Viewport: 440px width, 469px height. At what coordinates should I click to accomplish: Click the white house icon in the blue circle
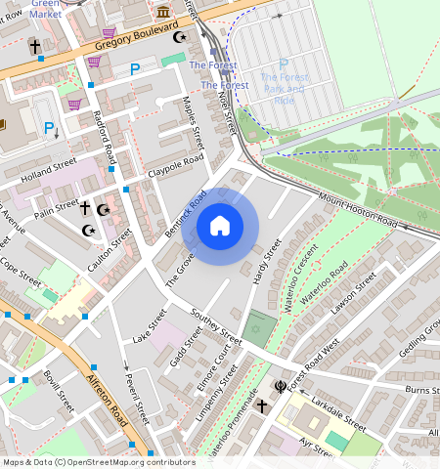coord(220,226)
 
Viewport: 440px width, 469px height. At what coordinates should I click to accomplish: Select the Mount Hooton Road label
coord(358,210)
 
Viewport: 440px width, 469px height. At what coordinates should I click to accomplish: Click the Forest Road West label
coord(315,362)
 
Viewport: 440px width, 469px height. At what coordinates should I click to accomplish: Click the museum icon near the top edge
coord(163,12)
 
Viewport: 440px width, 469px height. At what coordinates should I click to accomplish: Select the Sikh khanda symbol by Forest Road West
coord(280,387)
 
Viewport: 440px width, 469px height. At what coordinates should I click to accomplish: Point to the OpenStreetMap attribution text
coord(99,462)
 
